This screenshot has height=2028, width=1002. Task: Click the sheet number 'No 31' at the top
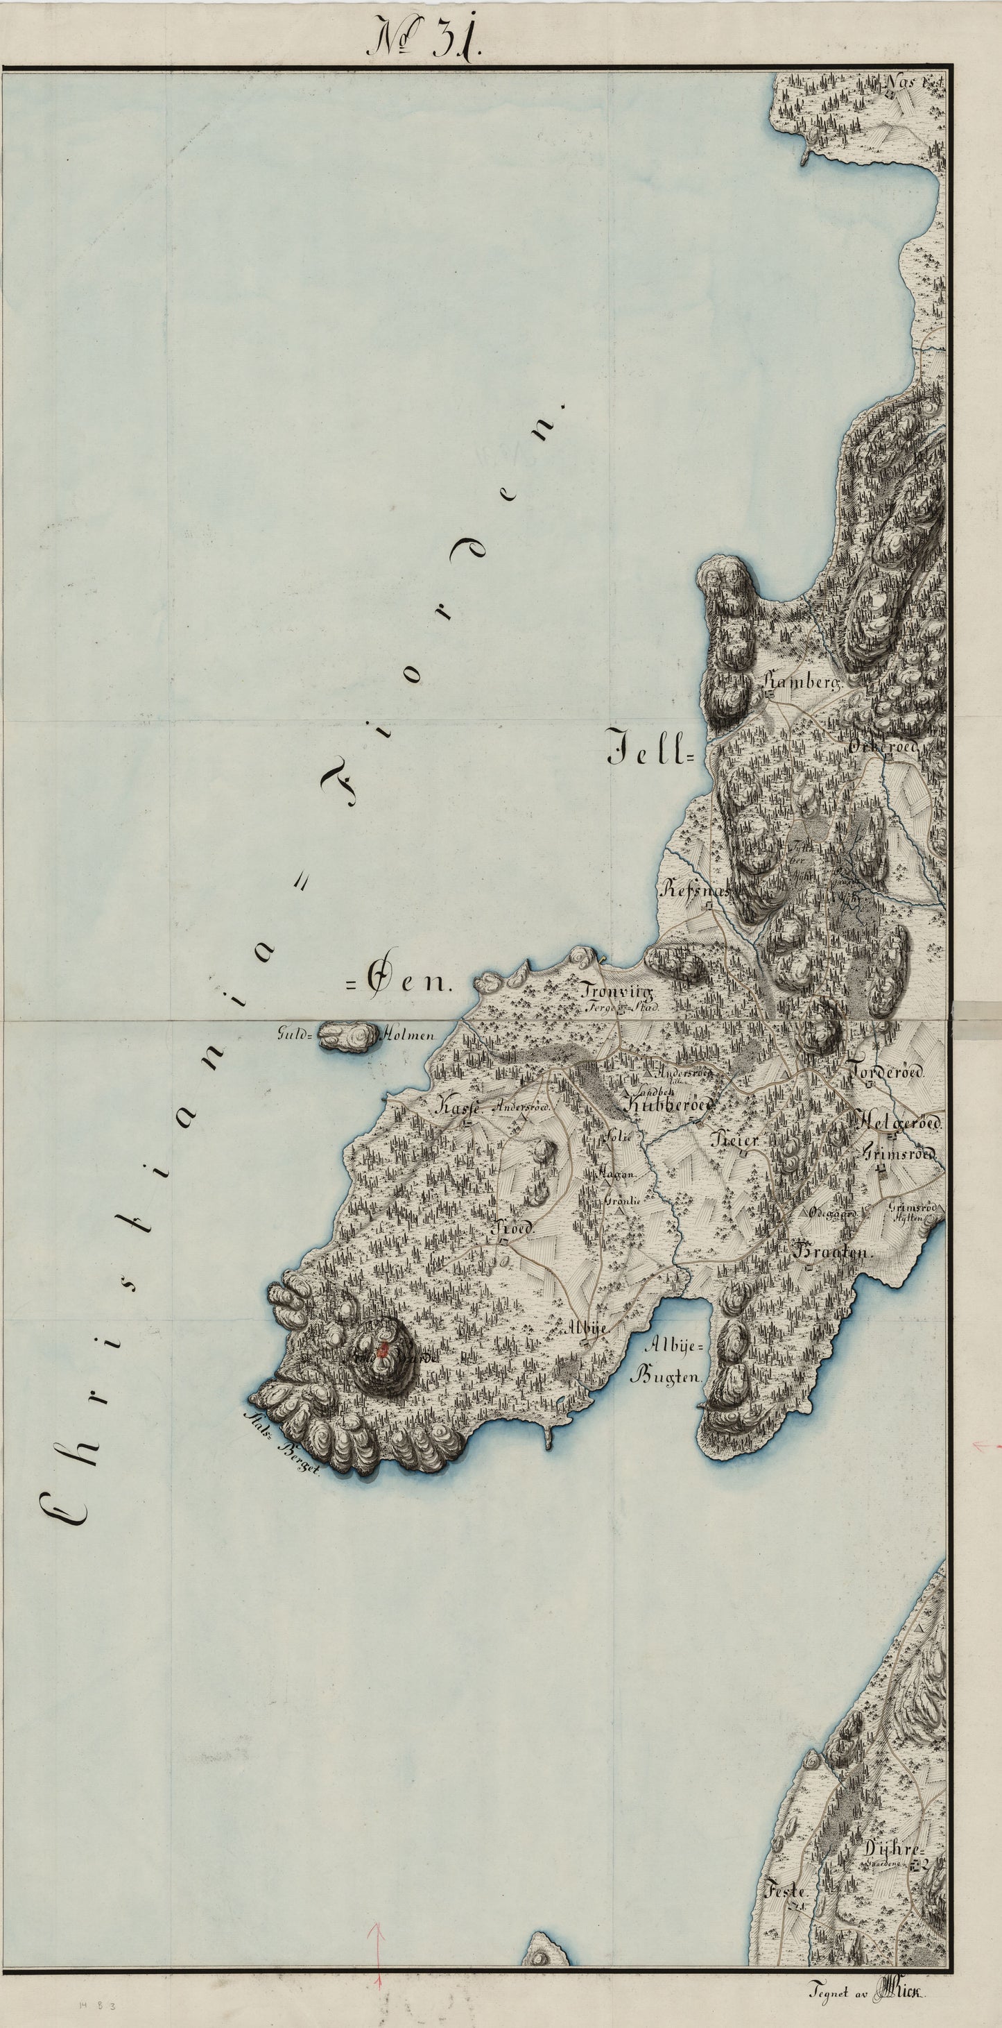426,37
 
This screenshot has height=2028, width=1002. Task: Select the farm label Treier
735,1140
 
